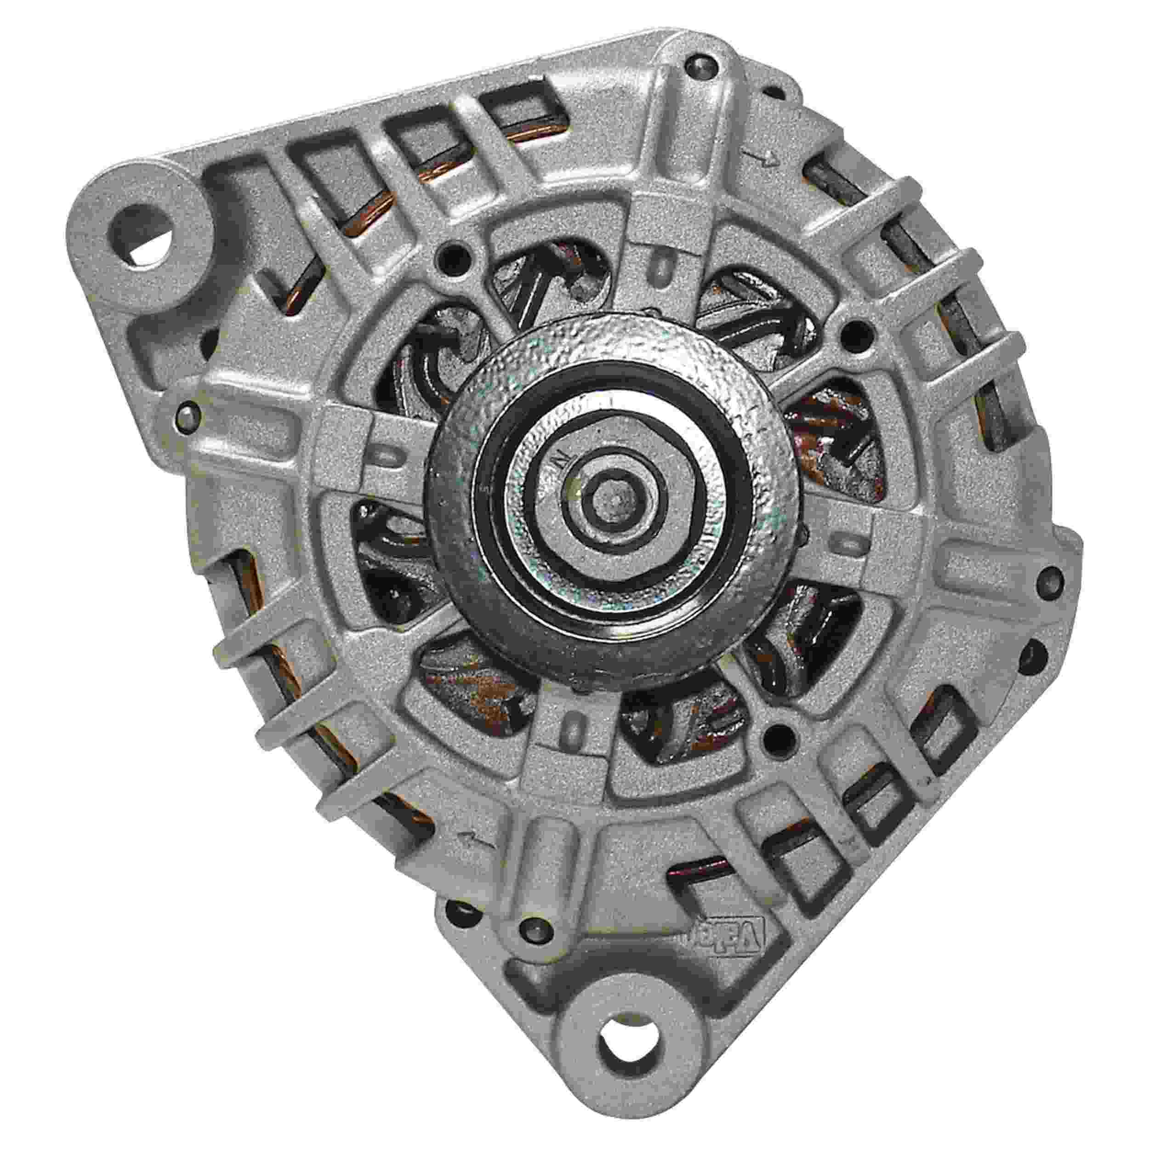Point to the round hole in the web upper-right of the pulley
853,330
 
